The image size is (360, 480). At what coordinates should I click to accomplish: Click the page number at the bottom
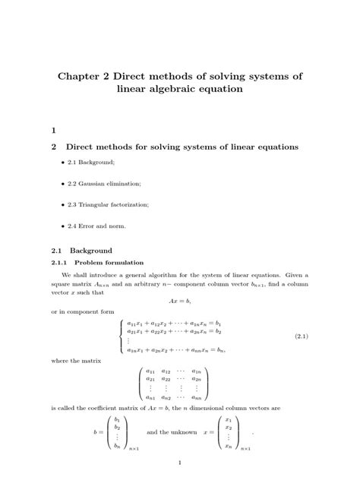click(179, 463)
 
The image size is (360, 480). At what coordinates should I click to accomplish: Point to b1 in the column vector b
click(117, 419)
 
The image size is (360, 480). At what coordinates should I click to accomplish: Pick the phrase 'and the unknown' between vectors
click(170, 432)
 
